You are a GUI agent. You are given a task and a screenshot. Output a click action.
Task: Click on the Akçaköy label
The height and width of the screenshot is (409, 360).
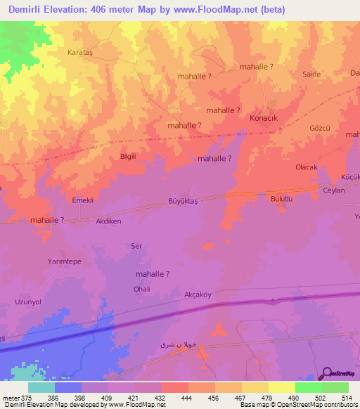(198, 294)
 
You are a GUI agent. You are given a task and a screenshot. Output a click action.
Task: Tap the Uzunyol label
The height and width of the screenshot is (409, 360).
(29, 301)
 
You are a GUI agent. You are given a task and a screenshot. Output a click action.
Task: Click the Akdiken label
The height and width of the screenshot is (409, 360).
(109, 220)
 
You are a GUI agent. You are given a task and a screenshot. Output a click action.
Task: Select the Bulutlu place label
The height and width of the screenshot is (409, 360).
(281, 200)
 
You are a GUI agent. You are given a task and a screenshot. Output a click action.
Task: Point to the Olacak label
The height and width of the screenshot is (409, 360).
(307, 167)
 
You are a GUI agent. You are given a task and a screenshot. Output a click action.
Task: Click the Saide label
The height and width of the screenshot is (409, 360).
(311, 74)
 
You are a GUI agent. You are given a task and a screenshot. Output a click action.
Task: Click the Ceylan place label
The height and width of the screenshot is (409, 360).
(334, 190)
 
